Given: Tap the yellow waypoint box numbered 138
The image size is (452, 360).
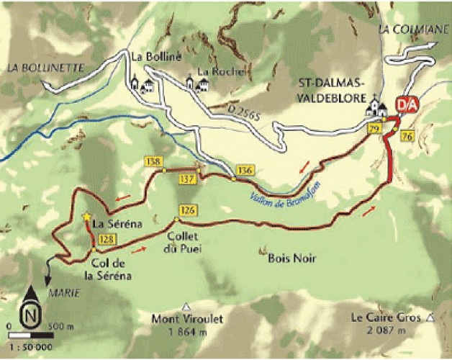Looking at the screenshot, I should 152,162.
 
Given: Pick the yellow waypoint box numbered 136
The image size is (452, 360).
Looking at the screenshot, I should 245,170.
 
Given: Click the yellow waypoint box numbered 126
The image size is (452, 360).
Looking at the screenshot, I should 189,210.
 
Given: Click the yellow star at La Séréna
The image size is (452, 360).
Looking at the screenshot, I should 87,216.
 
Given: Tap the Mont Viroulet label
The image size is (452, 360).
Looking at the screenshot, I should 180,323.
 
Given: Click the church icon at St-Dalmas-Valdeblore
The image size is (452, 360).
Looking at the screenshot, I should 376,107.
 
